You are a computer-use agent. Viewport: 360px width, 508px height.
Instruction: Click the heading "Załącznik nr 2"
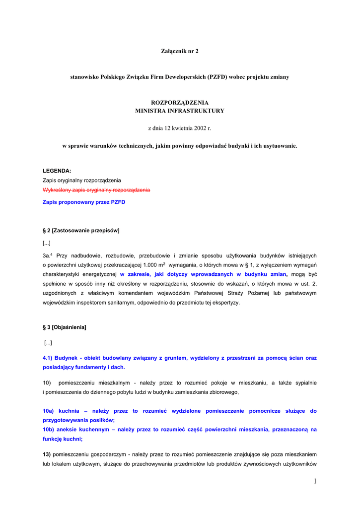pos(180,51)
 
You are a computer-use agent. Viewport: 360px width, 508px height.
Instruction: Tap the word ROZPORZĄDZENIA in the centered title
pos(180,103)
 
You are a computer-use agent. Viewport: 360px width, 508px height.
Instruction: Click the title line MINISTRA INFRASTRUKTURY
pos(180,111)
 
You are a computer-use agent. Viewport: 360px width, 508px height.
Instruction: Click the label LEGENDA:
pos(57,171)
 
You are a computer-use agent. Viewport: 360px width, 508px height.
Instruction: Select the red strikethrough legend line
pos(96,190)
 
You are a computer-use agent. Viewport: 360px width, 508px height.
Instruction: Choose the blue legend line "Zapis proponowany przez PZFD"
pos(84,202)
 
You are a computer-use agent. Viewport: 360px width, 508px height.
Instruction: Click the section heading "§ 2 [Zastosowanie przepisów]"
pos(81,231)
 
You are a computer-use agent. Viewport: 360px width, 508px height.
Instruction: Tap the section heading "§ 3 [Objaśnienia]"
pos(65,327)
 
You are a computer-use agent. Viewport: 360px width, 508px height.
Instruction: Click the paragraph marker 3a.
pos(47,255)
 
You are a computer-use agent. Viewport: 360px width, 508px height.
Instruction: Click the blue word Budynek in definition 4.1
pos(66,358)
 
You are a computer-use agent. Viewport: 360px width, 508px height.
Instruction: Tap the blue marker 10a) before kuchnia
pos(49,411)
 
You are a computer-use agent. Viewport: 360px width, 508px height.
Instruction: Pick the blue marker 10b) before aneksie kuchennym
pos(49,430)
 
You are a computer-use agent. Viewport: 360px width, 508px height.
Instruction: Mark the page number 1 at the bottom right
pos(315,481)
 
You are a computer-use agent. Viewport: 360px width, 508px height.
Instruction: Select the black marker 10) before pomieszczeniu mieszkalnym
pos(47,383)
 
